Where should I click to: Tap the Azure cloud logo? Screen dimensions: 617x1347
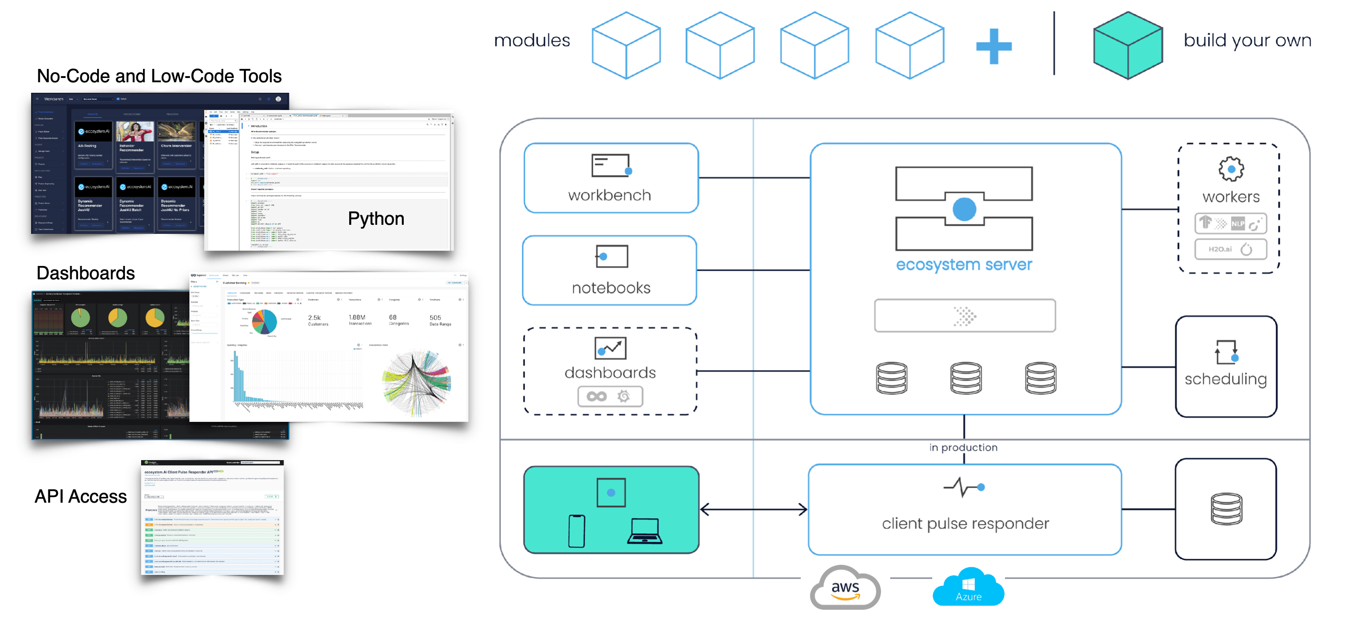coord(969,588)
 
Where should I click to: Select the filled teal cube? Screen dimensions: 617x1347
coord(1128,45)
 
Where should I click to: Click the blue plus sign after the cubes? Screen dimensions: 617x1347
coord(994,46)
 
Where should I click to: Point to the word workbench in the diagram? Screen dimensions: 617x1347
coord(609,195)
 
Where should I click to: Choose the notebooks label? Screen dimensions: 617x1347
coord(611,287)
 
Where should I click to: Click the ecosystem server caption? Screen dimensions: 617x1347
coord(964,264)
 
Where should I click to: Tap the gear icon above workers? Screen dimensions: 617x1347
coord(1231,169)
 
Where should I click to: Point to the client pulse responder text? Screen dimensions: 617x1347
coord(965,523)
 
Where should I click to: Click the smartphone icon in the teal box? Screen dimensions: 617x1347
coord(576,531)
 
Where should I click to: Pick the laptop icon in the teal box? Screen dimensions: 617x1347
coord(644,531)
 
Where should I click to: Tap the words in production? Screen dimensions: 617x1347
coord(963,448)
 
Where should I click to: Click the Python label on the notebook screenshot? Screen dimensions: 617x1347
coord(376,219)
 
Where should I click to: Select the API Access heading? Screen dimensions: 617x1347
coord(80,496)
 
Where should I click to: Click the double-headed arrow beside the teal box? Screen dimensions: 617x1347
coord(753,509)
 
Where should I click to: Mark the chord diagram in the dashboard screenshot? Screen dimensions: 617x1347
coord(417,383)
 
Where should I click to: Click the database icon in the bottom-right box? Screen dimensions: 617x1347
coord(1226,509)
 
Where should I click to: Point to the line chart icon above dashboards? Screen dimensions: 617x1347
coord(610,348)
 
